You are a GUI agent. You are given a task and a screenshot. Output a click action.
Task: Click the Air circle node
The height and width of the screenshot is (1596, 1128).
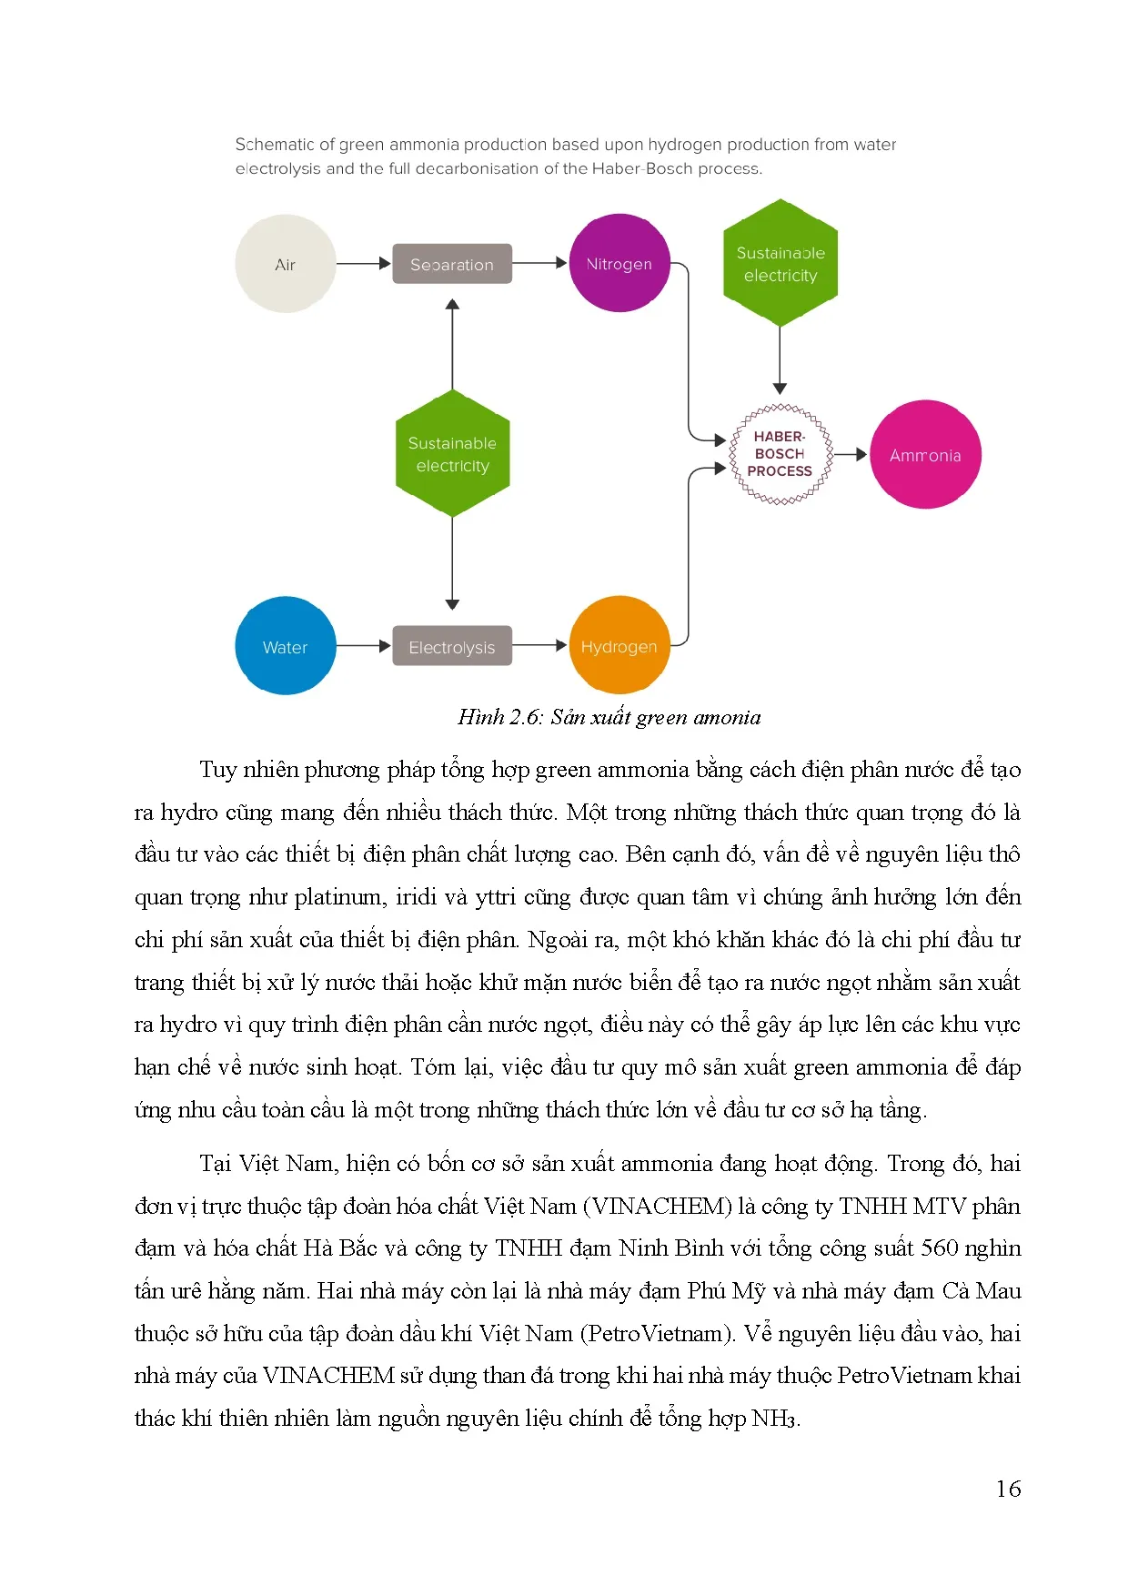pos(285,264)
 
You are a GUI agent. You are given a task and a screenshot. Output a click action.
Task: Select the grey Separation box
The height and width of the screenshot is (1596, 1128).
pos(452,264)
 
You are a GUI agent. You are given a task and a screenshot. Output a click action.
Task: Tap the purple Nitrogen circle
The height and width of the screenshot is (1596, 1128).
pos(619,264)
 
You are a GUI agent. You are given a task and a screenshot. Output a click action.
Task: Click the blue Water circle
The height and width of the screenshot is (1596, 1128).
pos(285,646)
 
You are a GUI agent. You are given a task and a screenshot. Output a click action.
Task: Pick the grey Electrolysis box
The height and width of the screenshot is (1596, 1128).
pos(452,646)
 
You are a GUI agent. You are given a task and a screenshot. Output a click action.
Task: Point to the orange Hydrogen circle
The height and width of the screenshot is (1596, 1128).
pos(619,646)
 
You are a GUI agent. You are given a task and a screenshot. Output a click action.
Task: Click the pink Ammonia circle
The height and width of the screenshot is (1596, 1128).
pos(925,455)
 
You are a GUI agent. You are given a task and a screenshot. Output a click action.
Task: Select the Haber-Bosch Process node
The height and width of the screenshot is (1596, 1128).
pos(780,454)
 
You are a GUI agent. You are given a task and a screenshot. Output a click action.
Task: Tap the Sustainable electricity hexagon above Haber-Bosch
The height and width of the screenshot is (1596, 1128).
pos(780,264)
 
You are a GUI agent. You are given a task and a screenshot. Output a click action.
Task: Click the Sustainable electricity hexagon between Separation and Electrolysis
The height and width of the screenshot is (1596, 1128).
pos(452,454)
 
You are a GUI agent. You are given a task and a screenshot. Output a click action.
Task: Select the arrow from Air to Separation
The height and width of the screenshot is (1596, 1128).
pos(364,264)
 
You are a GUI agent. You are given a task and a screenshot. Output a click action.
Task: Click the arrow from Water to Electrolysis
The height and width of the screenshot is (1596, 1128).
pos(364,646)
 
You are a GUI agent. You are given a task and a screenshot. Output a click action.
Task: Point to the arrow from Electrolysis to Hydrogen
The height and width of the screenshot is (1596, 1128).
pos(539,646)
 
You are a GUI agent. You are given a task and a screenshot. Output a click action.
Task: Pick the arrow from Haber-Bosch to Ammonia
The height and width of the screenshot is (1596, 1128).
pos(851,454)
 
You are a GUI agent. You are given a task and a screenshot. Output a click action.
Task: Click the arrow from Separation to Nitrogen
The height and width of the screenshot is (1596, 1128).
pos(539,264)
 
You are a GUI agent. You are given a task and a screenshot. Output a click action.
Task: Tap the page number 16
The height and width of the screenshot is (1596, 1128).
pos(1008,1490)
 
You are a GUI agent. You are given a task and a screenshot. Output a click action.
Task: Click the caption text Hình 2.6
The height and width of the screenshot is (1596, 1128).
pos(499,717)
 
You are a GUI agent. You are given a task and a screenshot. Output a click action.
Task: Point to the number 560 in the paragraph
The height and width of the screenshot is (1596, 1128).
pos(940,1248)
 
